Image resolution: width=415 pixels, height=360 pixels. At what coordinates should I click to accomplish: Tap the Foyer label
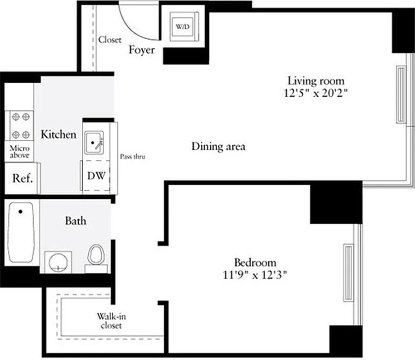pos(142,49)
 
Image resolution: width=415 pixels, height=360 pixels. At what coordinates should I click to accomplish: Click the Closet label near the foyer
pos(110,40)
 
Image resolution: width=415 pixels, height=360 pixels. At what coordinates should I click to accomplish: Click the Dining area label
pos(218,146)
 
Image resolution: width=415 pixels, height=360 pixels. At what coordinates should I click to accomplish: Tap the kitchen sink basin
pos(95,144)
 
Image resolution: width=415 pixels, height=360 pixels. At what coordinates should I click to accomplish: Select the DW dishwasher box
pos(96,175)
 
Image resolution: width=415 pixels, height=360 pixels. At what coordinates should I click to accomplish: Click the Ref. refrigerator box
pos(22,178)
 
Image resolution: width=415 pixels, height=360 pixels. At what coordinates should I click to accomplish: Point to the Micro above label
pos(20,152)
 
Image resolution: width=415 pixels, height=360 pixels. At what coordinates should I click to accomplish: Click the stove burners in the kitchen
pos(21,126)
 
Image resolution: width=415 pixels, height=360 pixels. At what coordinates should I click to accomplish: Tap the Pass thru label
pos(133,157)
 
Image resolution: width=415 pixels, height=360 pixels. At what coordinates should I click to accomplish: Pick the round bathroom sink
pos(59,262)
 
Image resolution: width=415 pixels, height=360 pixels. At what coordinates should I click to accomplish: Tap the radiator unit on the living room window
pos(401,94)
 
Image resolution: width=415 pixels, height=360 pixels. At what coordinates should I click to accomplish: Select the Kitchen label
pos(59,134)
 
